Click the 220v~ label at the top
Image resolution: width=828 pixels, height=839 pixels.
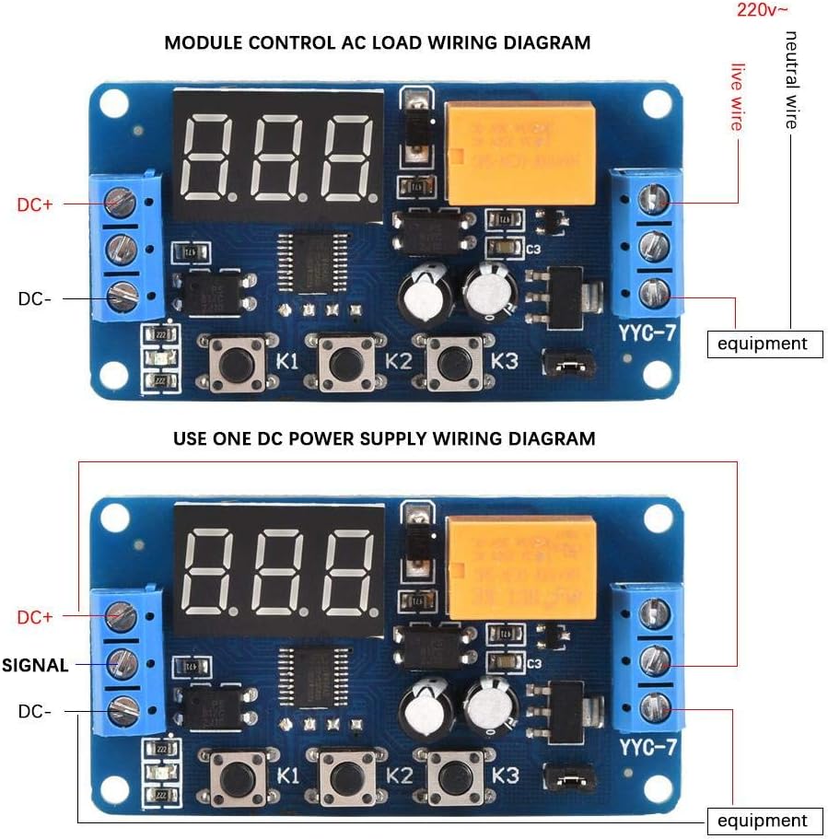[763, 10]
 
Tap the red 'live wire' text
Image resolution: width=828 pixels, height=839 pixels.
[737, 97]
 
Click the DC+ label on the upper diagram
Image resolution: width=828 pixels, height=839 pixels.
[35, 204]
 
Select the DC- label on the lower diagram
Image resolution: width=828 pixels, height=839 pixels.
[35, 711]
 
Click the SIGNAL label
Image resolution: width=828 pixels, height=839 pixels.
[35, 665]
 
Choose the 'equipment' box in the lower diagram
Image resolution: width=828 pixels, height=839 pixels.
[763, 821]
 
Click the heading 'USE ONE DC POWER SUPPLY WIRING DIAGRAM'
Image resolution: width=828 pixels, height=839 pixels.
[384, 438]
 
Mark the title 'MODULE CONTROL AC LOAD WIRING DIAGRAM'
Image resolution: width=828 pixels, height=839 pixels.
[377, 42]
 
